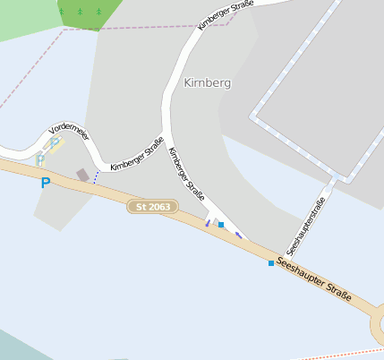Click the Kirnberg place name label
click(207, 82)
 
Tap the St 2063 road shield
click(152, 207)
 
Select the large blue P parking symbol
click(46, 184)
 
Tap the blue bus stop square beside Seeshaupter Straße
click(270, 263)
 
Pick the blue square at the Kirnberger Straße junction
click(220, 225)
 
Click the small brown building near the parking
click(82, 175)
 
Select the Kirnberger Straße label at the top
click(226, 15)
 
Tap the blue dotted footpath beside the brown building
click(96, 176)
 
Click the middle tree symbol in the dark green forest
click(79, 12)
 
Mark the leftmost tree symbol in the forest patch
click(62, 12)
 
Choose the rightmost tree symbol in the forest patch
click(98, 12)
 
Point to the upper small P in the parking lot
click(55, 141)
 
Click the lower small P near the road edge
click(39, 159)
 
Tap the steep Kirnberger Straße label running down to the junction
click(186, 173)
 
